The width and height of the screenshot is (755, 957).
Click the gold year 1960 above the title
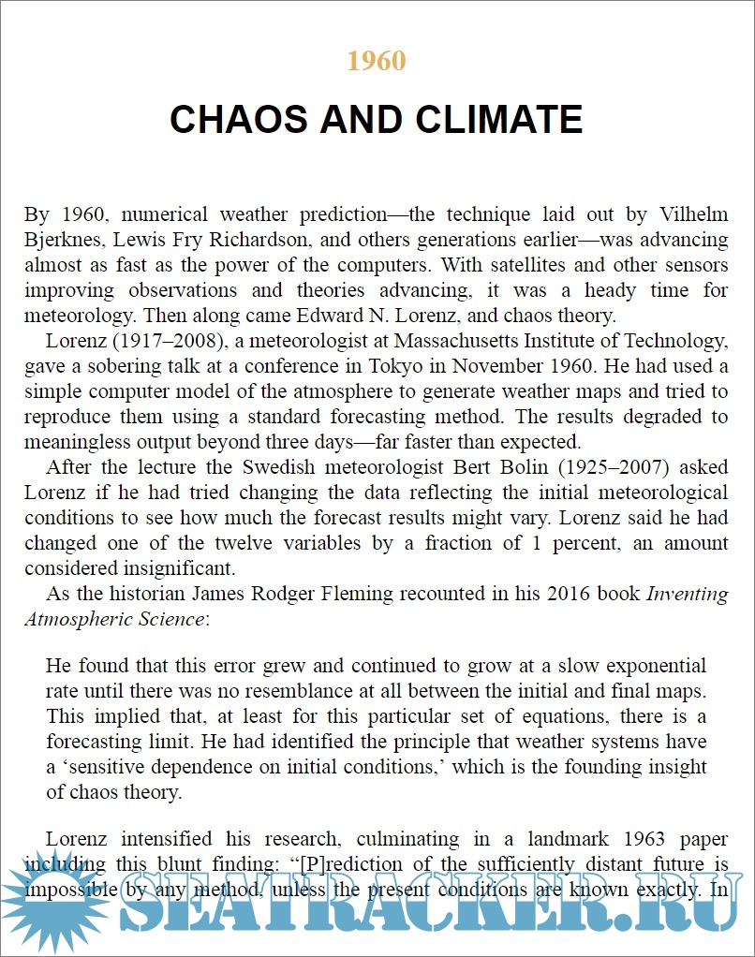pyautogui.click(x=377, y=61)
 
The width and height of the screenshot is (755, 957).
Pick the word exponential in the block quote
pyautogui.click(x=652, y=667)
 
